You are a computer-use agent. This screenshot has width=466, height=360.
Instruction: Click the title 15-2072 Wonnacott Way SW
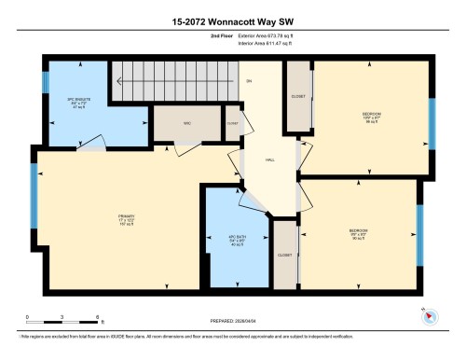tap(232, 20)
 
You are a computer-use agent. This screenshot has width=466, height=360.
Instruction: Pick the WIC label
tap(185, 122)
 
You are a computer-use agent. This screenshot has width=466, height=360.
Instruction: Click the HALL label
tap(270, 159)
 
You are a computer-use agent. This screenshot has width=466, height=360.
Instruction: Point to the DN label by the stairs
tap(248, 82)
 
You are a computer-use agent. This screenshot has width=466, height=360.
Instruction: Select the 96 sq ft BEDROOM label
tap(371, 118)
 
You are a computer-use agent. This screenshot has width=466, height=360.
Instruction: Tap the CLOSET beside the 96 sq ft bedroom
tap(299, 97)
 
